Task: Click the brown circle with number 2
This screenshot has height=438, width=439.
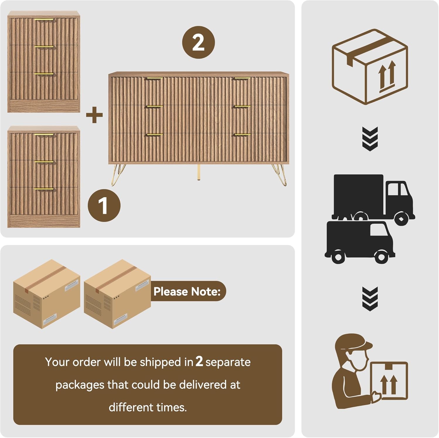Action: [198, 42]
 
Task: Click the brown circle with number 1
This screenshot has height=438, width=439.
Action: [104, 205]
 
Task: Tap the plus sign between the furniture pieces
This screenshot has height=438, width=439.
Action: [94, 115]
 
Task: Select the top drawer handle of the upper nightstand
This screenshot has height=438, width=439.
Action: [44, 20]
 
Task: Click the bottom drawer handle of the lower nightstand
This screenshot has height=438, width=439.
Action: [44, 189]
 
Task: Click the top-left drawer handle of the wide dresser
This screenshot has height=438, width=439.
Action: [154, 79]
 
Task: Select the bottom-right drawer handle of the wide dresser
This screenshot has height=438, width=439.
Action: [242, 135]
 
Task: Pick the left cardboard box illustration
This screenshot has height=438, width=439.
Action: [47, 294]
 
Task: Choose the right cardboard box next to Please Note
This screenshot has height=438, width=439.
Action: [117, 294]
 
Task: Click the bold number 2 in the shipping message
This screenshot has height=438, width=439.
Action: [199, 362]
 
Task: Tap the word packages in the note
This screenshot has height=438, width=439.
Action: [80, 385]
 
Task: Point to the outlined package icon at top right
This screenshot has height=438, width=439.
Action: [370, 67]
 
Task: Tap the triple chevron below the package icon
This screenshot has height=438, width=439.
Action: [370, 139]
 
